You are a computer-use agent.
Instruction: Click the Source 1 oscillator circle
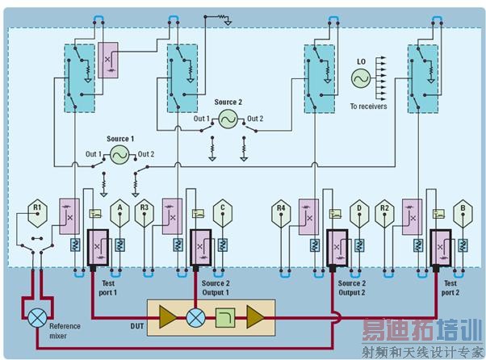pyautogui.click(x=119, y=155)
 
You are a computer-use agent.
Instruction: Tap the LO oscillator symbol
pyautogui.click(x=359, y=77)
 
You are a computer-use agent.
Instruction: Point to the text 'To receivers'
pyautogui.click(x=368, y=106)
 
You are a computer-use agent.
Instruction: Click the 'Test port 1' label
pyautogui.click(x=109, y=288)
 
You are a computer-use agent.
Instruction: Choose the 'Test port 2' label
pyautogui.click(x=450, y=288)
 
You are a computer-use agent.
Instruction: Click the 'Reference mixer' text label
pyautogui.click(x=65, y=330)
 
